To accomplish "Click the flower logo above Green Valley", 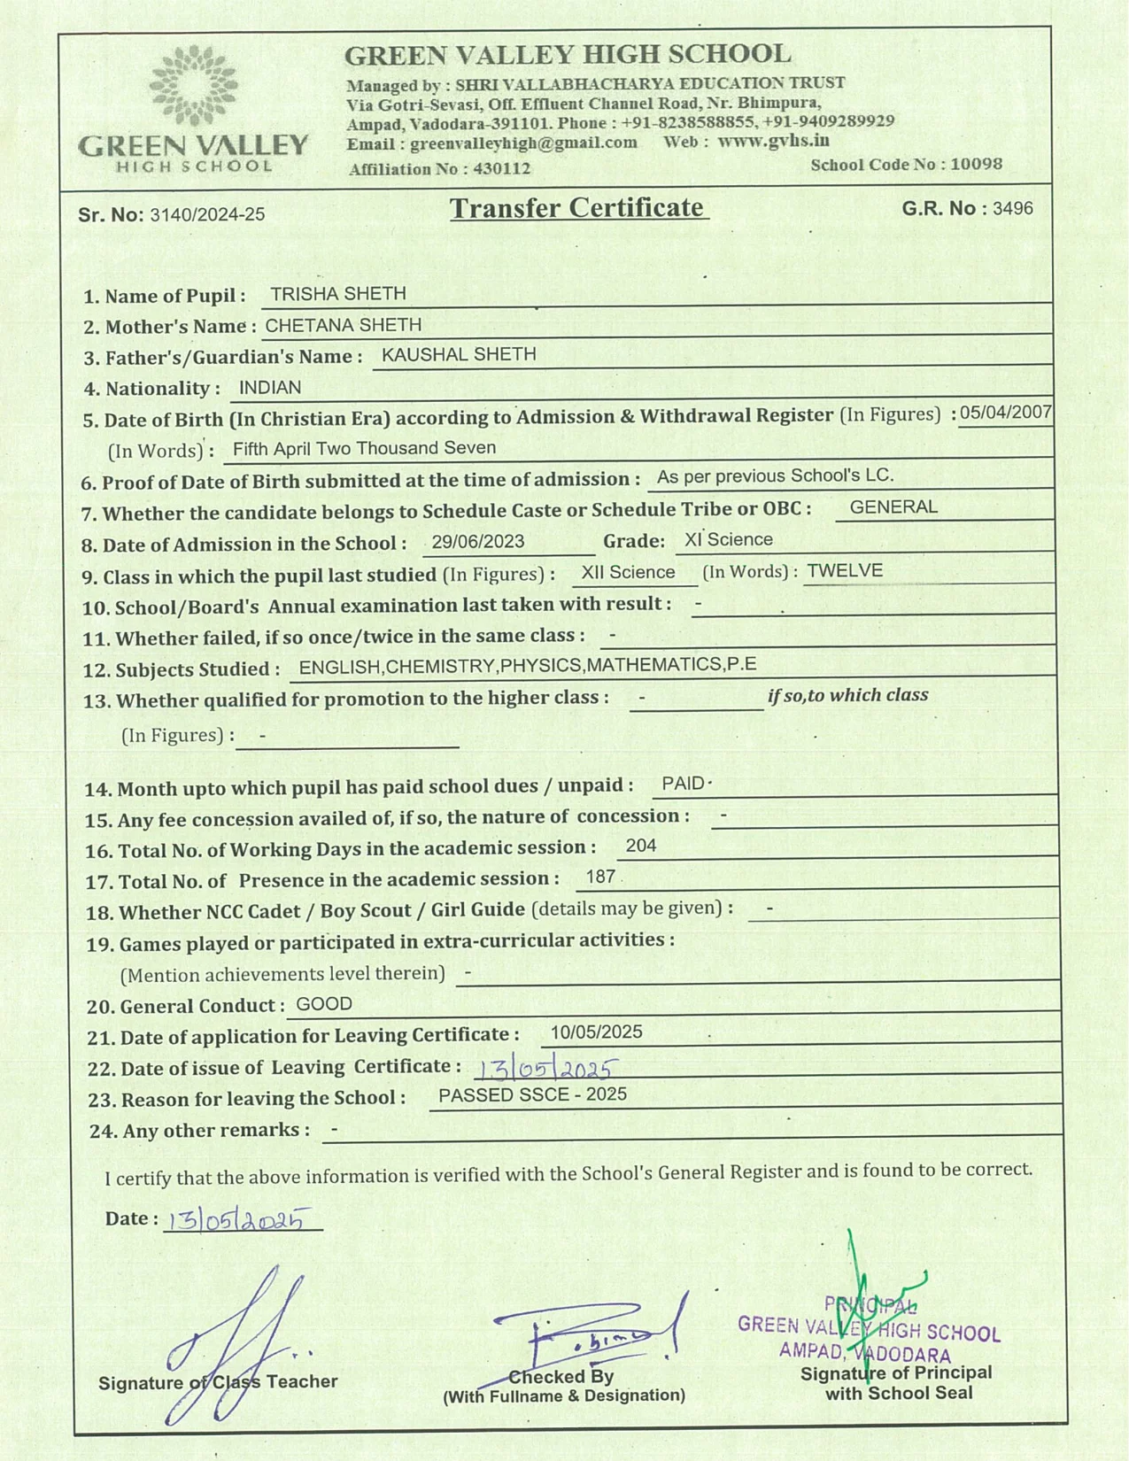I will [193, 86].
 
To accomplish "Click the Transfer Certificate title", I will [578, 208].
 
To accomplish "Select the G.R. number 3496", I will [1012, 209].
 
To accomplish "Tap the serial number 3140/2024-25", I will [207, 214].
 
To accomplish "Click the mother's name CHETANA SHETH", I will [344, 325].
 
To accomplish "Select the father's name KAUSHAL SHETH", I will [459, 355].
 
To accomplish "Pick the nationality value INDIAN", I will [270, 388].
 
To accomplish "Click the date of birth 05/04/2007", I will [1005, 412].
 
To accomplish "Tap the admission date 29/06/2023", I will [478, 542].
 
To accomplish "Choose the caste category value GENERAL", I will [893, 507].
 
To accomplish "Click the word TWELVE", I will [845, 571].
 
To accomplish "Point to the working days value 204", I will [641, 846].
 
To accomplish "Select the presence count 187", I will [600, 877].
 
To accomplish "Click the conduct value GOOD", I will [324, 1004].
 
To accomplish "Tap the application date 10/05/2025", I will [596, 1032].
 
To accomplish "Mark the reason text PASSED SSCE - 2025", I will [532, 1095].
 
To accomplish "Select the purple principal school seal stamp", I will [868, 1330].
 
